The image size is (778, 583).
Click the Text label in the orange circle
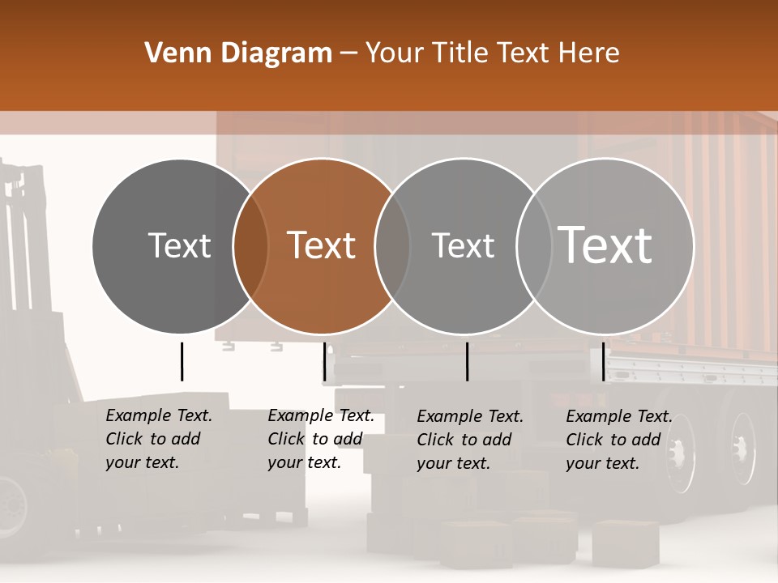coord(322,245)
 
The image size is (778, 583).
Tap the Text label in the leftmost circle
coord(179,245)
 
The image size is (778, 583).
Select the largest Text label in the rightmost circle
coord(605,245)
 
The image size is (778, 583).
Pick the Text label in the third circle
coord(463,245)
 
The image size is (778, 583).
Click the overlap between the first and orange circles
coord(250,245)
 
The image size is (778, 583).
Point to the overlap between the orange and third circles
coord(392,245)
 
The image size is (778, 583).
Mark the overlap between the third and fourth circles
coord(533,245)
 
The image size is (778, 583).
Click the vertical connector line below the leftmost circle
coord(182,361)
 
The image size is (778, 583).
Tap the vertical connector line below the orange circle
coord(324,361)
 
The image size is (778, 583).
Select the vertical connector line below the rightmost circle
coord(603,361)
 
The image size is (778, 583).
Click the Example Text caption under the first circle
coord(158,439)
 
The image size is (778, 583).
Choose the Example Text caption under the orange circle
coord(320,439)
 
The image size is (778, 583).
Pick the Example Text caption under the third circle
coord(469,440)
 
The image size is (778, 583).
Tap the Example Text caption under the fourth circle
coord(618,440)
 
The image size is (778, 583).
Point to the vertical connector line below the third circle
coord(467,361)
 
